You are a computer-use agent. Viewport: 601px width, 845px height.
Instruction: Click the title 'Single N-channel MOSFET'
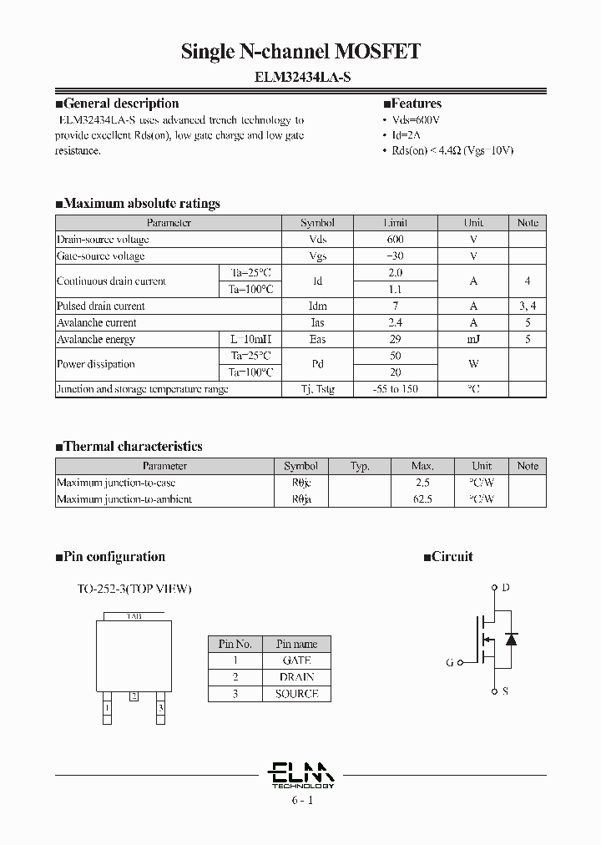(300, 52)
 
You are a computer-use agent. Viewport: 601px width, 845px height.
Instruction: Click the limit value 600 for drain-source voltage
(395, 240)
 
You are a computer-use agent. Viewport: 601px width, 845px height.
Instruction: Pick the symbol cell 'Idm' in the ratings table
(317, 306)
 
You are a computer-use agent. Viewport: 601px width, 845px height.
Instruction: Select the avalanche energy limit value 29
(395, 340)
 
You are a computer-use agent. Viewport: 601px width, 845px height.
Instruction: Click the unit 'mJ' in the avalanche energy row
(473, 340)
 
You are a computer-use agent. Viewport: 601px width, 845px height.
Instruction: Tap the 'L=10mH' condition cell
(250, 340)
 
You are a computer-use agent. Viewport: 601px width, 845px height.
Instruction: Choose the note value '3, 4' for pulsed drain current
(527, 306)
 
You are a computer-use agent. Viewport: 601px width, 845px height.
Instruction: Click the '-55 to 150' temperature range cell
(395, 389)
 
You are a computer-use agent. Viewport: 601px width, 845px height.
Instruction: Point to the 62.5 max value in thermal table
(422, 499)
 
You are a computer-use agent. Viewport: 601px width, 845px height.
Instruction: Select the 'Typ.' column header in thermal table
(360, 466)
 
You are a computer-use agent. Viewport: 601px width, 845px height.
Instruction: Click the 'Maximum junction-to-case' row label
(116, 483)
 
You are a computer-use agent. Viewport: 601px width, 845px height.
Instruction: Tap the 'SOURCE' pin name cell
(296, 694)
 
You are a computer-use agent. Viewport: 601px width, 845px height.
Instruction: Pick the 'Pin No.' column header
(235, 644)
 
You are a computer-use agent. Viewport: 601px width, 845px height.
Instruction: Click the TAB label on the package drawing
(134, 616)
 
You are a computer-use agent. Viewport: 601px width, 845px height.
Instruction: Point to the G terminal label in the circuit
(450, 662)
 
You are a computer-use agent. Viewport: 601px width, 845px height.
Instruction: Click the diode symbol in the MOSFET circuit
(512, 639)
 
